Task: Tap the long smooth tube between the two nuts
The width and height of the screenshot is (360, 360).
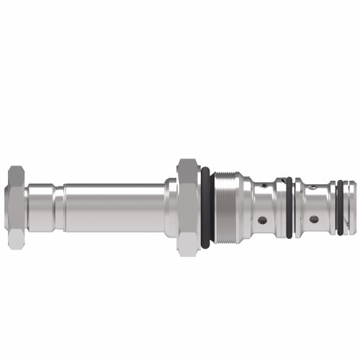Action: pos(115,207)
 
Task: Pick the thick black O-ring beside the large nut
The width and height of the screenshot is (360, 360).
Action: pos(205,207)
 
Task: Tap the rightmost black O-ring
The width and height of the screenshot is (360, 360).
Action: pos(340,207)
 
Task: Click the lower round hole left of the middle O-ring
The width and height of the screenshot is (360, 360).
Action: pos(262,220)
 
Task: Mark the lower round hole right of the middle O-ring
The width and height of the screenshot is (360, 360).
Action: pos(313,218)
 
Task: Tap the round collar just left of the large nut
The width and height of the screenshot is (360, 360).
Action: pos(171,207)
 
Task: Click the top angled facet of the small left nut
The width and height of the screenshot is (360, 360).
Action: pos(17,173)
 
